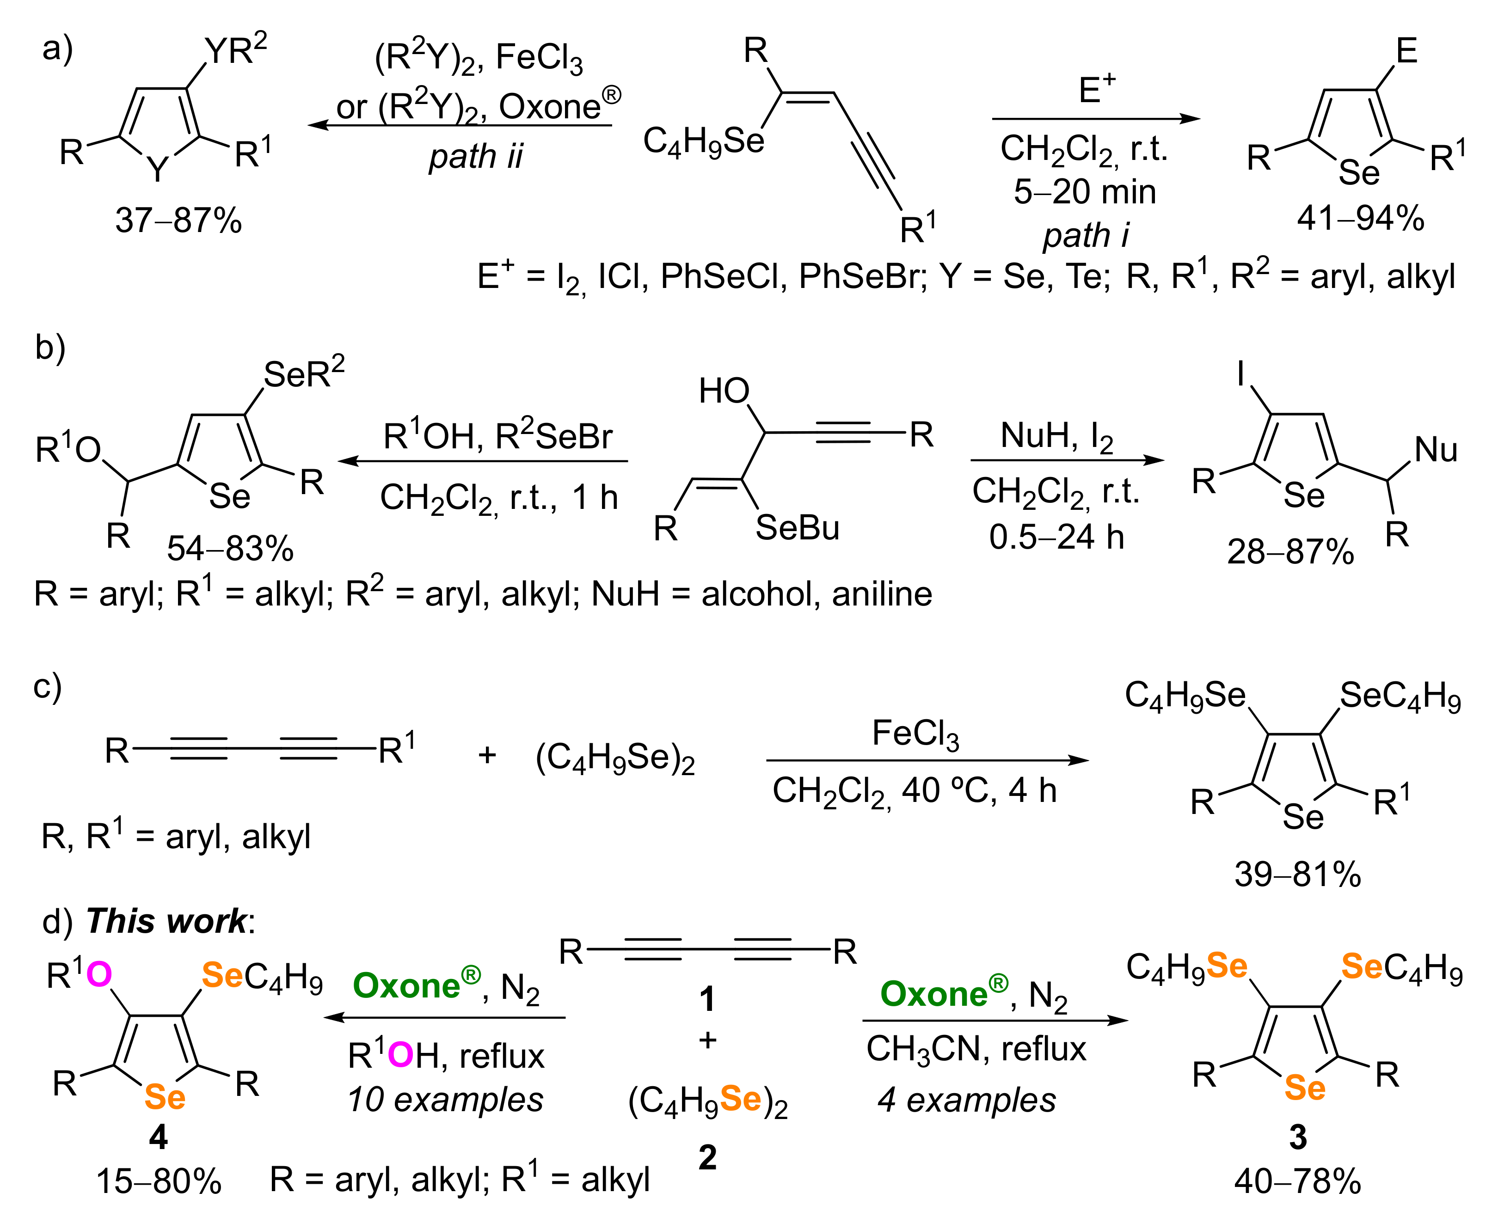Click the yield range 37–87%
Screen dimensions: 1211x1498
click(178, 220)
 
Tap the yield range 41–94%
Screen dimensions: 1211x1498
click(1361, 218)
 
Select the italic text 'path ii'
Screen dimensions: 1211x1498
click(476, 156)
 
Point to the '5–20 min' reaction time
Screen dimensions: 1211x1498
click(1085, 191)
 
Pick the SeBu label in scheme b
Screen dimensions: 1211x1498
click(798, 527)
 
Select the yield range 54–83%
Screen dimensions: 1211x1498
click(230, 549)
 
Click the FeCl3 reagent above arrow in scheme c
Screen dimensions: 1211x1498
click(915, 734)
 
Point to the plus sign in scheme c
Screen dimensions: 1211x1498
click(487, 755)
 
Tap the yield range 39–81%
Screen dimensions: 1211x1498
click(1298, 874)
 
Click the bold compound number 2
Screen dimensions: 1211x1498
click(707, 1158)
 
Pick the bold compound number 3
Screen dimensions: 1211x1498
click(1298, 1137)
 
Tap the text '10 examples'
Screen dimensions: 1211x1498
click(445, 1100)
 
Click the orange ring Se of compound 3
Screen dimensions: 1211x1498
click(1305, 1088)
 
